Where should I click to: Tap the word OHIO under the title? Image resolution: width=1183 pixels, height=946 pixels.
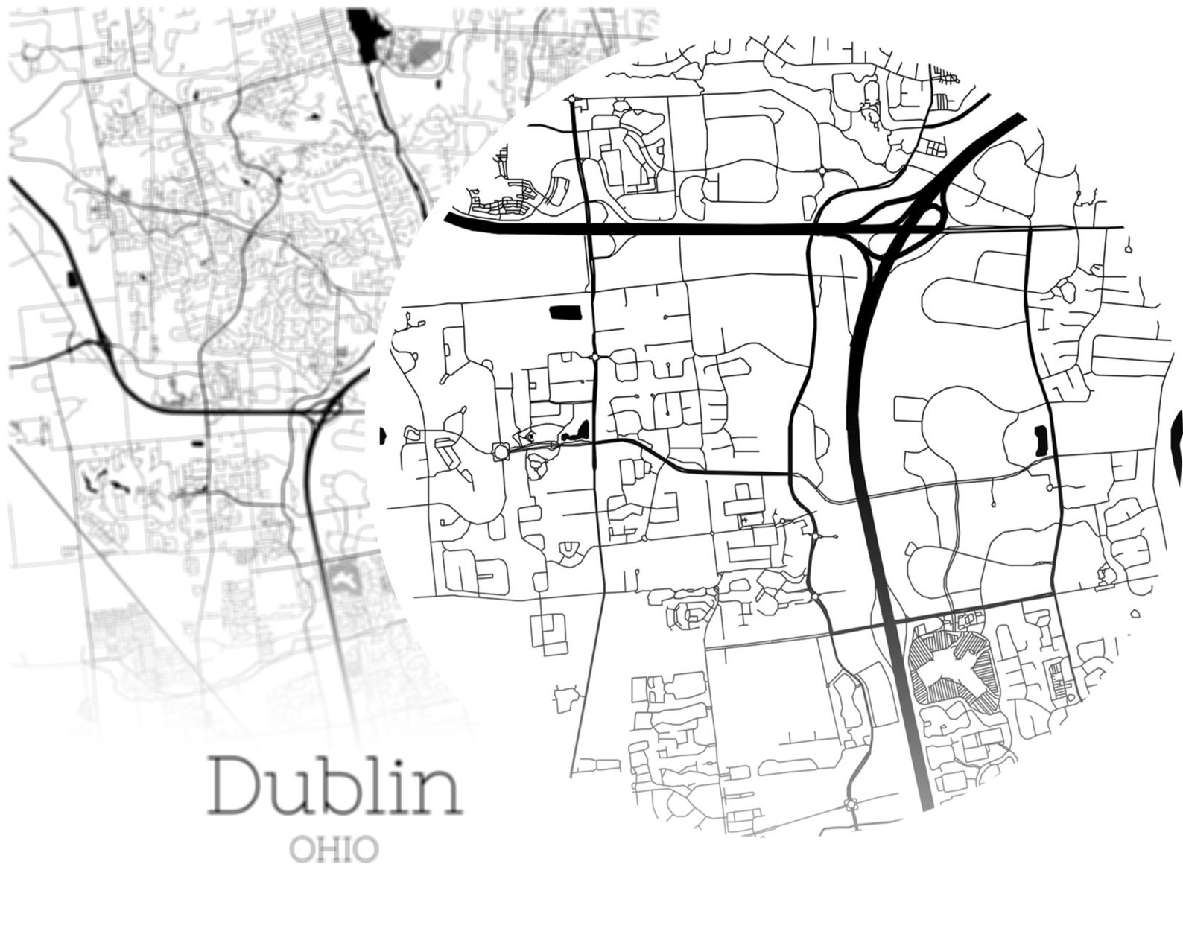coord(334,848)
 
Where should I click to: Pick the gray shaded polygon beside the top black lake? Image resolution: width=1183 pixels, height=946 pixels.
coord(425,51)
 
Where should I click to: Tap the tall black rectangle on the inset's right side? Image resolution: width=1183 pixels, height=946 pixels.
coord(1041,441)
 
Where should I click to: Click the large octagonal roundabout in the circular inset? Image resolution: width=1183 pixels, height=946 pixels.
coord(500,451)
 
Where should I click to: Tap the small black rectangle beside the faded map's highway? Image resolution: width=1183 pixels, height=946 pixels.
coord(72,280)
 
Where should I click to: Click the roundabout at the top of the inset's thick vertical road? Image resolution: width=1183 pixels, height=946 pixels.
coord(572,98)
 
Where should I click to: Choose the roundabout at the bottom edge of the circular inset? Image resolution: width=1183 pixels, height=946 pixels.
coord(850,804)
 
